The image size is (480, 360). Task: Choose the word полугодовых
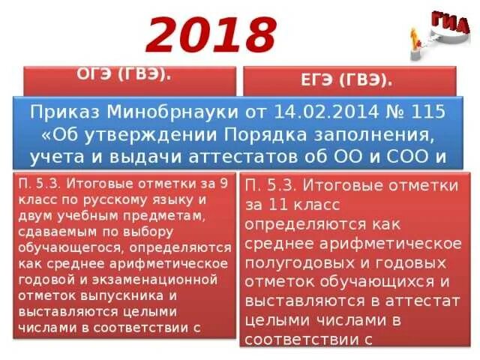tap(293, 262)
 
